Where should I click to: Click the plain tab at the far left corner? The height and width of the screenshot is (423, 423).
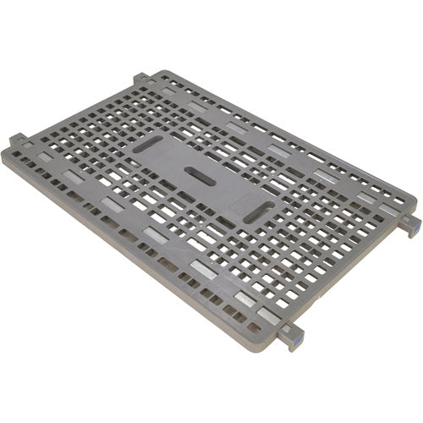18,140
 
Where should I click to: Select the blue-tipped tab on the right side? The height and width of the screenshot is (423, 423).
410,224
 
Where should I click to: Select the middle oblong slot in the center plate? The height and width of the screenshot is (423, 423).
200,175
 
